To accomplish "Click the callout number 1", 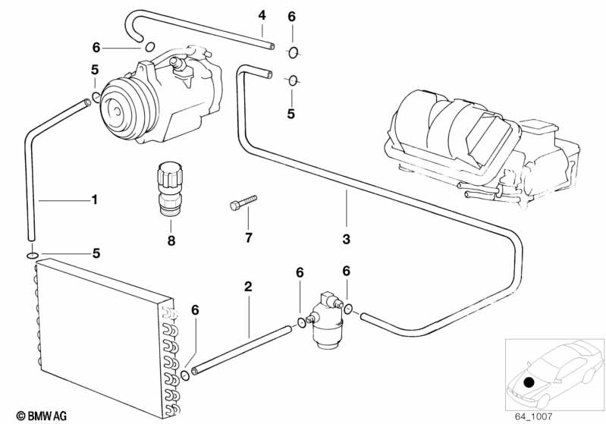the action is coord(94,199).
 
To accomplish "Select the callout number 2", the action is coord(248,287).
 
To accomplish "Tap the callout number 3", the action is coord(347,239).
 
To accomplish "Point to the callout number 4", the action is coord(262,15).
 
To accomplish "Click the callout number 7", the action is coord(249,237).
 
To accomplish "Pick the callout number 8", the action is coord(171,240).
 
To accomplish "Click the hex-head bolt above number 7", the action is coord(243,203).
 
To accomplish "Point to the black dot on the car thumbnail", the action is coord(529,382).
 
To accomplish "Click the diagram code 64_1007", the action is coord(533,416).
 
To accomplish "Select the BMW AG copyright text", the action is coord(42,416).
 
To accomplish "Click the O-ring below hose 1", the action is coord(32,255).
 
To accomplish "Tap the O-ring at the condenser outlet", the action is coord(186,375).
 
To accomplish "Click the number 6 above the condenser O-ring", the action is coord(195,310).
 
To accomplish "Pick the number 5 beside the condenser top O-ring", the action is coord(96,253).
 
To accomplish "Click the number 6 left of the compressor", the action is coord(96,48).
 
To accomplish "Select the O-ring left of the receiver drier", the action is coord(301,322).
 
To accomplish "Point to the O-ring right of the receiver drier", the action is coord(348,309).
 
